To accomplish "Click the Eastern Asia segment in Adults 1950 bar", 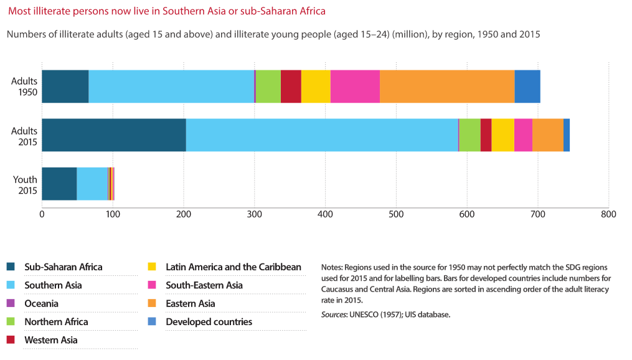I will point(447,87).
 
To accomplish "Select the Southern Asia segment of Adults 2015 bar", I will point(322,135).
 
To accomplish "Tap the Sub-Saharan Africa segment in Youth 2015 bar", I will point(59,184).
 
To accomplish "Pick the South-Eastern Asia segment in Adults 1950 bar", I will point(355,87).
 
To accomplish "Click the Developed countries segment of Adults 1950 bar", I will point(527,87).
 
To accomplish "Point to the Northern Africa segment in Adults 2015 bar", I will point(469,135).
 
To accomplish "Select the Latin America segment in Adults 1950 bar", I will point(316,87).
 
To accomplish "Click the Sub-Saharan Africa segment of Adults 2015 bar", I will point(113,135).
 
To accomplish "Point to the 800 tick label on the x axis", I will point(608,214).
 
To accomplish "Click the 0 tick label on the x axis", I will point(42,214).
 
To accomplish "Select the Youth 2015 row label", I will point(26,185).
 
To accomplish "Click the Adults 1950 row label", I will point(26,87).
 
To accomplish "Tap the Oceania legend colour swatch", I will point(11,303).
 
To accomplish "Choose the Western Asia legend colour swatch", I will point(11,340).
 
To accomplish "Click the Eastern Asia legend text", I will point(190,303).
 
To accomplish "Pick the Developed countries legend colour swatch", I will point(152,322).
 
